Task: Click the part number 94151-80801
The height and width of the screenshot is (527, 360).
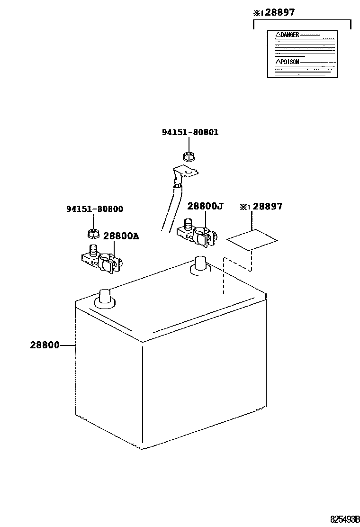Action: pos(190,132)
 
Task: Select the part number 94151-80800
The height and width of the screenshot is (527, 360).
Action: pos(95,209)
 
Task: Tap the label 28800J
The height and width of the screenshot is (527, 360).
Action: pos(205,206)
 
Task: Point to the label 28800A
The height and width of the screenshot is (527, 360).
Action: pos(121,236)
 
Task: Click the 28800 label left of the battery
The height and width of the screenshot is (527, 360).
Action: pos(45,345)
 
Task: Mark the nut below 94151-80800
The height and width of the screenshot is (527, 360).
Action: pos(92,233)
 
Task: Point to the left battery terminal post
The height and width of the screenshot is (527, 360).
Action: pos(104,298)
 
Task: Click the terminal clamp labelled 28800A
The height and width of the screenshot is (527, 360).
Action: pos(102,260)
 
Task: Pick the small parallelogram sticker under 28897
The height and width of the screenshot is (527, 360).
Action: pos(252,240)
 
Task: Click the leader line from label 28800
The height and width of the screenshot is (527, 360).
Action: pos(68,345)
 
